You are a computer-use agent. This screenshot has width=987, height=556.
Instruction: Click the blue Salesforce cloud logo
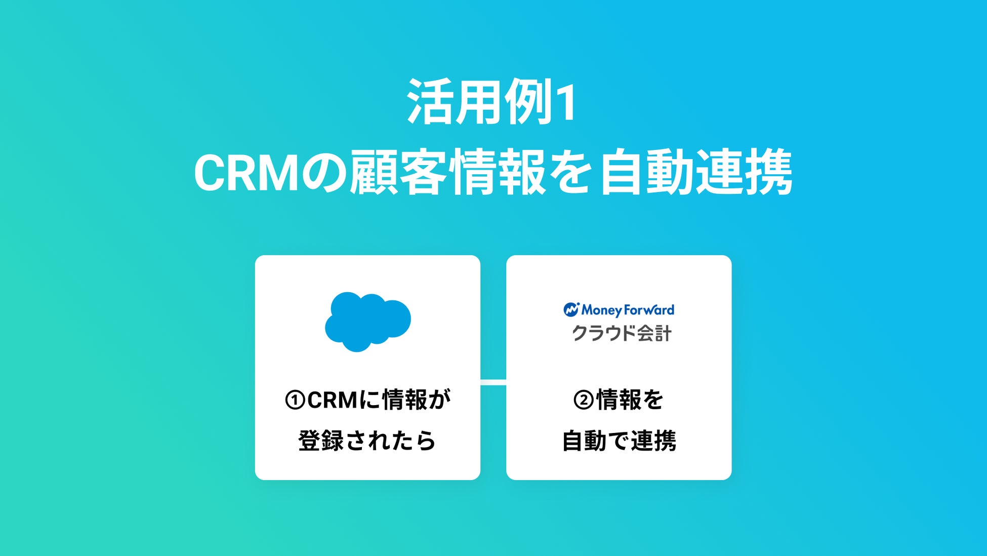click(367, 321)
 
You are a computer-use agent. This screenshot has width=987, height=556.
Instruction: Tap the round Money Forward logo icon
click(571, 309)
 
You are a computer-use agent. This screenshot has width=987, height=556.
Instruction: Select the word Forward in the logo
click(649, 310)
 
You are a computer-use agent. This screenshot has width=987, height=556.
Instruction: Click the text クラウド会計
click(622, 333)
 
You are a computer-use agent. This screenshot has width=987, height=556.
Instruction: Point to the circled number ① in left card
click(295, 400)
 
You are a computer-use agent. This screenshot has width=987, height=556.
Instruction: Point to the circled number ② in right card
click(584, 400)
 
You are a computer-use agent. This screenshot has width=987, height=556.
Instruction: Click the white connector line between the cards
click(493, 382)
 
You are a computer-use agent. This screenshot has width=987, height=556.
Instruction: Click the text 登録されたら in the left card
click(367, 441)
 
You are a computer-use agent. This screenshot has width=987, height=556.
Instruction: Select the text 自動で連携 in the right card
click(619, 441)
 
